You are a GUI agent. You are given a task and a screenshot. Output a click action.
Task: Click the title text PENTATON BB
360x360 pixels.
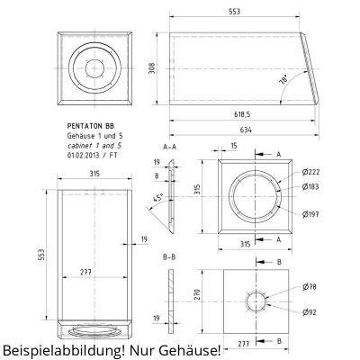click(91, 129)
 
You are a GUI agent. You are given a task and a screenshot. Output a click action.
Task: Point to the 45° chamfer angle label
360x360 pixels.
click(158, 198)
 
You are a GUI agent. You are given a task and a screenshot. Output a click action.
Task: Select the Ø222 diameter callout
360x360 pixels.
click(311, 172)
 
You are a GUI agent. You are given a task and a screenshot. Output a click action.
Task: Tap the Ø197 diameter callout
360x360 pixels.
click(311, 213)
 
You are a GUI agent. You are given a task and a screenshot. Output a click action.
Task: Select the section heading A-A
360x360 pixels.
click(168, 145)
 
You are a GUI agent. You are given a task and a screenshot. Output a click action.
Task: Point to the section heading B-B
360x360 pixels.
click(168, 257)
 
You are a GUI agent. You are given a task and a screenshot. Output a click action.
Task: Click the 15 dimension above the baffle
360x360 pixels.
click(233, 145)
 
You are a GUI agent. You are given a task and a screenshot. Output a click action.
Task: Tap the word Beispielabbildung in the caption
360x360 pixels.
click(64, 349)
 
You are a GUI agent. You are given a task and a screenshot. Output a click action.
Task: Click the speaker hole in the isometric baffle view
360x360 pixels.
click(94, 65)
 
